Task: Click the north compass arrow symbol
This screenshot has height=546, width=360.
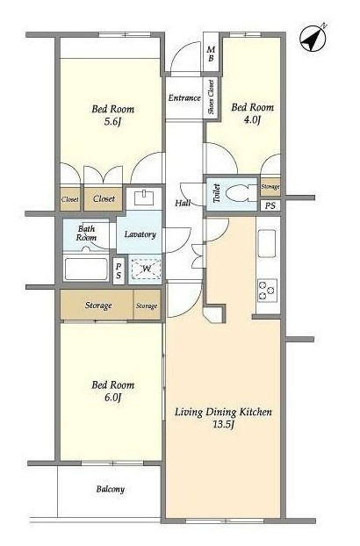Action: pos(313,38)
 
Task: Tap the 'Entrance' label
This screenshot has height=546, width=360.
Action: pos(184,97)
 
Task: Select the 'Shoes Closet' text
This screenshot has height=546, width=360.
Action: pos(211,97)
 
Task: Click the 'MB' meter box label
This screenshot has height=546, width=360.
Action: pos(211,54)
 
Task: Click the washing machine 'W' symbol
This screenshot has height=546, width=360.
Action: pos(147,269)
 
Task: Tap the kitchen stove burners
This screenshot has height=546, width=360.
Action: pos(267,291)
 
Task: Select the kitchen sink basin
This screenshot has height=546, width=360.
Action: pos(267,243)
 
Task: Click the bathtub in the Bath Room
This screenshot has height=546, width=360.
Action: pos(86,269)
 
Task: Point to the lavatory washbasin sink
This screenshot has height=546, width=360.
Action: pos(144,198)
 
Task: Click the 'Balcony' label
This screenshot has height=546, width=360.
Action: pos(111,489)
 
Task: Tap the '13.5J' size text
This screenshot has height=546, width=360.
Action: pos(223,425)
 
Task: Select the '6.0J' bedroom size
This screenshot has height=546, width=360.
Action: pos(112,398)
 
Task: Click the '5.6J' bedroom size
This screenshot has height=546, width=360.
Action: pos(112,121)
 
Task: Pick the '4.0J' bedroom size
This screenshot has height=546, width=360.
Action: pos(252,119)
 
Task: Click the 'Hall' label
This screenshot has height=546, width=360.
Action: pos(183,203)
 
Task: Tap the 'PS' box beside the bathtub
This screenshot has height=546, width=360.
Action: pos(119,270)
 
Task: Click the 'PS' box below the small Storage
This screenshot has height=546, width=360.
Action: pos(270,205)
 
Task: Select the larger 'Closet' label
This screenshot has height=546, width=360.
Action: pos(104,199)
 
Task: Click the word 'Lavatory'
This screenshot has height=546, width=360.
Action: pos(140,234)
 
